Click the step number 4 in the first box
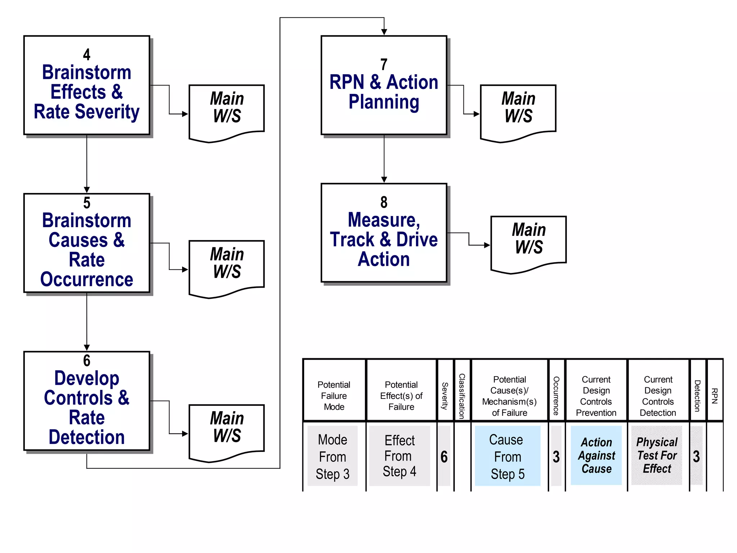point(87,55)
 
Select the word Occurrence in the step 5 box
point(87,279)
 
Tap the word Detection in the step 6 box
point(87,437)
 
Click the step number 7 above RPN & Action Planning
point(384,65)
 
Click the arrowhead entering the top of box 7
point(384,32)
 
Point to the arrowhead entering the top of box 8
point(384,180)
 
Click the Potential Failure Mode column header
point(334,395)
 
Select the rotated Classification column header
point(462,396)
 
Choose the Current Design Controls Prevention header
point(596,396)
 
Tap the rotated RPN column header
point(715,396)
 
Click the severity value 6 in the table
point(444,457)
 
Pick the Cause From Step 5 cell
point(507,457)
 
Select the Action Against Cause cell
point(596,455)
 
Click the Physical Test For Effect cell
point(657,455)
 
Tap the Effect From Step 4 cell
point(399,456)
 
